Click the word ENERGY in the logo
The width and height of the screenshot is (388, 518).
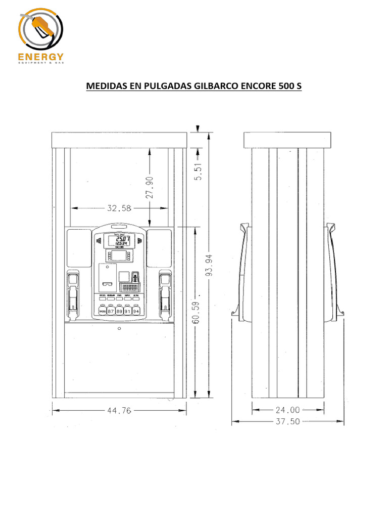coord(41,57)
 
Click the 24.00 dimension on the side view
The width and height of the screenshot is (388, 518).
coord(288,410)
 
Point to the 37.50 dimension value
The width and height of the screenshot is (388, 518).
coord(287,421)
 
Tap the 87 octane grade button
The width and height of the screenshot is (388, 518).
coord(111,311)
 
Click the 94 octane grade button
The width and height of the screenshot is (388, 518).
coord(135,311)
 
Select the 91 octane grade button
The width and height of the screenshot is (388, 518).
coord(127,311)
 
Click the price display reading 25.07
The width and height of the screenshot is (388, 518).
coord(121,240)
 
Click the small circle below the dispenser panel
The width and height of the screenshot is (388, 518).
coord(119,328)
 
